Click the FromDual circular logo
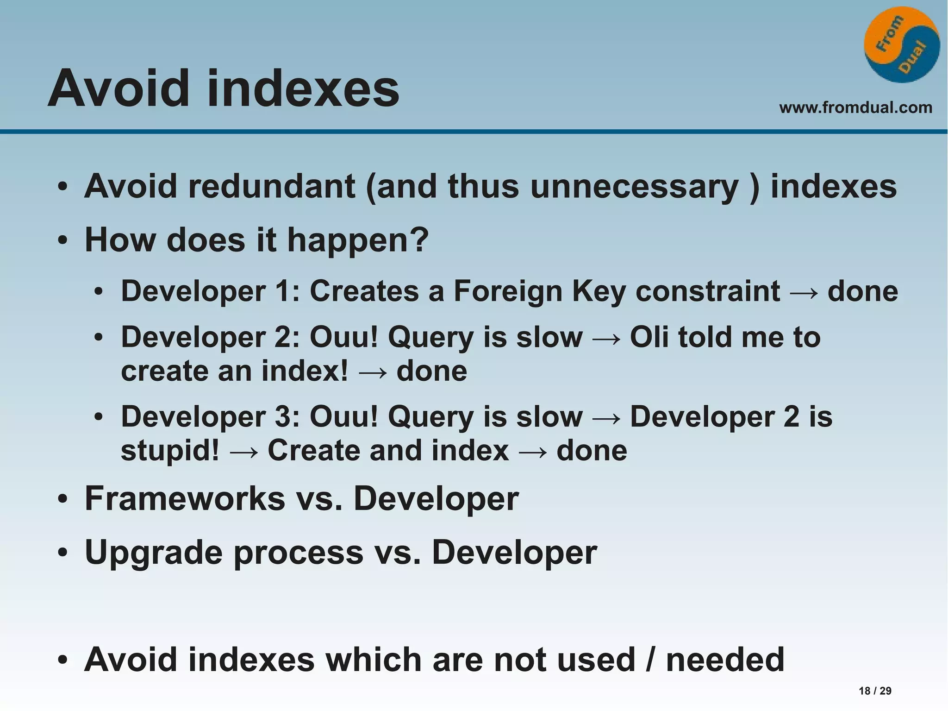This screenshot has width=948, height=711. tap(902, 45)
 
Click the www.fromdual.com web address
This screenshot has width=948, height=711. tap(855, 107)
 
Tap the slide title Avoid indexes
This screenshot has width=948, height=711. tap(223, 88)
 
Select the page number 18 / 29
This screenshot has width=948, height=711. tap(875, 691)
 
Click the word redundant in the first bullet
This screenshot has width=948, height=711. tap(272, 186)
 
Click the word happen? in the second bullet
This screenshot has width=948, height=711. tap(358, 241)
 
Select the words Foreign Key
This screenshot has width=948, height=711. tap(539, 292)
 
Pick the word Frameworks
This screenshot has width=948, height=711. tap(185, 499)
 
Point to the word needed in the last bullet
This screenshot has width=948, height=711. tap(725, 660)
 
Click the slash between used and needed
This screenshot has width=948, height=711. tap(650, 660)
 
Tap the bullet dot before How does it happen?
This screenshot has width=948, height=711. tap(63, 241)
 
